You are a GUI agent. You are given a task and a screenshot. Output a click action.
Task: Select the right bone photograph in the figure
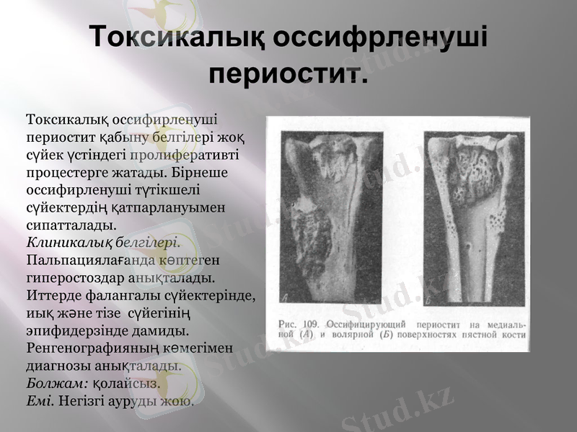click(x=468, y=216)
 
